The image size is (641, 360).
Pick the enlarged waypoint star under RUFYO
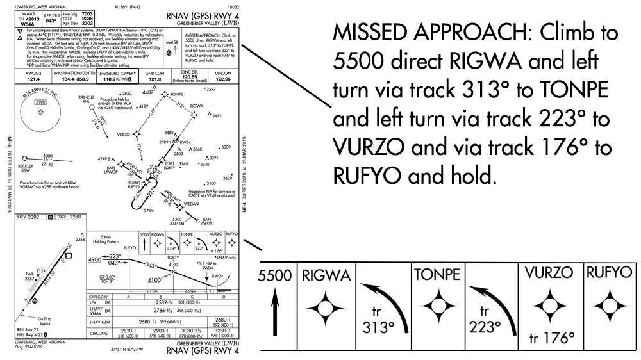click(608, 310)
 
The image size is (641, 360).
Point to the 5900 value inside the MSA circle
click(40, 101)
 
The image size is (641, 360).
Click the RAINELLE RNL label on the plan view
click(85, 99)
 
